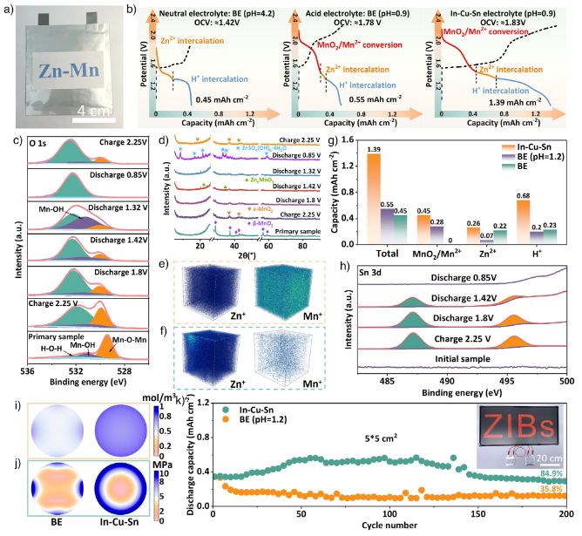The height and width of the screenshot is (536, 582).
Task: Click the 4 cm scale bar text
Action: [97, 112]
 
